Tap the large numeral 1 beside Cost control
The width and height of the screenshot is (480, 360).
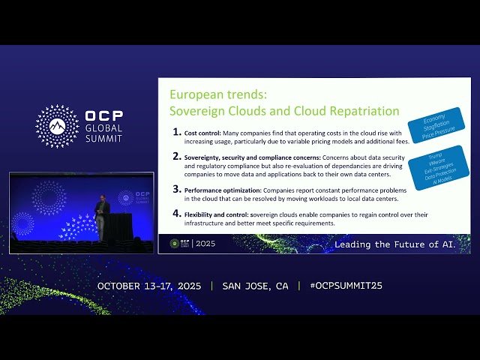coord(176,133)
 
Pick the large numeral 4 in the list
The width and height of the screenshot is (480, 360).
coord(176,214)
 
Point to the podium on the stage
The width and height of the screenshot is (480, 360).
coord(118,226)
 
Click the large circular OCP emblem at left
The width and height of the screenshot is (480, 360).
coord(57,125)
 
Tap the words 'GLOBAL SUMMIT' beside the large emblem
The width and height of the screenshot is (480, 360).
coord(104,133)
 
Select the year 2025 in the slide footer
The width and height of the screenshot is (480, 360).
coord(205,244)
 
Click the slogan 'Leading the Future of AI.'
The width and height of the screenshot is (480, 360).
coord(400,244)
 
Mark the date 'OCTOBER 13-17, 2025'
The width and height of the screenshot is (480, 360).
coord(149,286)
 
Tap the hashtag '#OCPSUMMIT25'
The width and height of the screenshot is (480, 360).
coord(340,286)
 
